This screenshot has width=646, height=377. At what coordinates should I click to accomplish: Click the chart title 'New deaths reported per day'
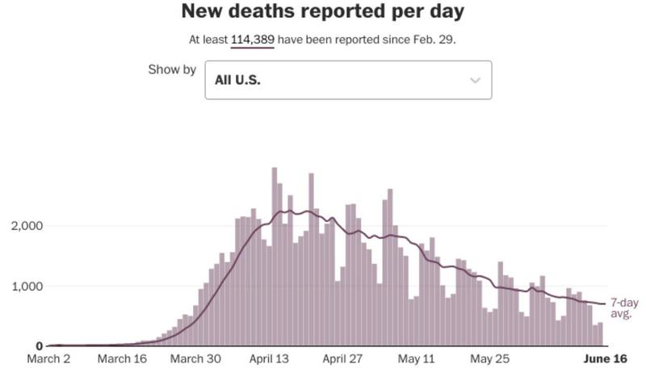pos(323,12)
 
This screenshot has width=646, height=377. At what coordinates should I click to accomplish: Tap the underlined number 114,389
pos(253,39)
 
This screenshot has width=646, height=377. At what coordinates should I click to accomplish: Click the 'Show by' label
pos(172,69)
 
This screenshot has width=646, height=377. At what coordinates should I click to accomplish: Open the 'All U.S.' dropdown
pos(348,80)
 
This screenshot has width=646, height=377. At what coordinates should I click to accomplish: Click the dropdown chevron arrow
pos(475,80)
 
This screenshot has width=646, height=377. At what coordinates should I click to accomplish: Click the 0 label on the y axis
pos(39,346)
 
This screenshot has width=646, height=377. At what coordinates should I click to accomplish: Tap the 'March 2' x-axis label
pos(49,359)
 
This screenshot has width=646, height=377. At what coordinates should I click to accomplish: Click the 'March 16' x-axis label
pos(122,359)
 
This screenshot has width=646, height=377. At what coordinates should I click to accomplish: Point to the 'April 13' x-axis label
pos(269,359)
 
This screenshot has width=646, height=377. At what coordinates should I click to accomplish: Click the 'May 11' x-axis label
pos(417,359)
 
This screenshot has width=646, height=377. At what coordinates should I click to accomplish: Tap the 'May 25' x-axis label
pos(490,359)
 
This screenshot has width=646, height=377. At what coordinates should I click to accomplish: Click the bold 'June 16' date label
pos(606,359)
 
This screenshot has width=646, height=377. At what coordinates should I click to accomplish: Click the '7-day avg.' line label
pos(623,308)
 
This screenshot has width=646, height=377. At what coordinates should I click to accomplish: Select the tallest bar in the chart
pos(275,257)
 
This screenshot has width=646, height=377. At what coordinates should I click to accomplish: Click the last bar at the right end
pos(600,334)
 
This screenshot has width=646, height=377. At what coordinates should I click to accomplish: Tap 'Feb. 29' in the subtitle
pos(438,39)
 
